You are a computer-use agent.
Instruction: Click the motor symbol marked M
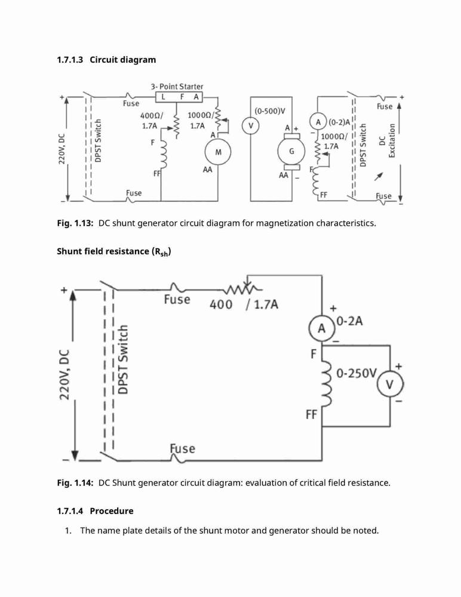pyautogui.click(x=218, y=152)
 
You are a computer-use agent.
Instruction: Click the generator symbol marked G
pyautogui.click(x=291, y=151)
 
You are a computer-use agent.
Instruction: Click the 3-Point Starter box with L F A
pyautogui.click(x=179, y=97)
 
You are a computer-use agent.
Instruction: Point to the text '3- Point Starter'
pyautogui.click(x=177, y=87)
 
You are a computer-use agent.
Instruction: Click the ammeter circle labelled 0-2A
pyautogui.click(x=322, y=328)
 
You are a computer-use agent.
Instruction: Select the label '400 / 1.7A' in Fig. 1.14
pyautogui.click(x=244, y=304)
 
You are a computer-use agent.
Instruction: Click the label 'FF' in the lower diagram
pyautogui.click(x=311, y=414)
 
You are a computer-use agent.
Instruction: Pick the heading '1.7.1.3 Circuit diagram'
pyautogui.click(x=106, y=60)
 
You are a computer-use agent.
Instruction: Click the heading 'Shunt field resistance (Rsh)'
pyautogui.click(x=114, y=252)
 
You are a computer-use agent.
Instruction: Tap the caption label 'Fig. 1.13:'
pyautogui.click(x=75, y=223)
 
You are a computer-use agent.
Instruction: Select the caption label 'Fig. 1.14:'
pyautogui.click(x=75, y=483)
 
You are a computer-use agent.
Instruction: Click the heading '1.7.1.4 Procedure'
pyautogui.click(x=96, y=511)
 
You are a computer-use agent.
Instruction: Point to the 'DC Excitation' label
pyautogui.click(x=387, y=140)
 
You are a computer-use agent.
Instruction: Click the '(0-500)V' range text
pyautogui.click(x=270, y=111)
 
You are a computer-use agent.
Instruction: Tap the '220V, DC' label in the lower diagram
pyautogui.click(x=64, y=374)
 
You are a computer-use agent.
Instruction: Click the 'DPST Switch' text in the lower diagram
pyautogui.click(x=122, y=359)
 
